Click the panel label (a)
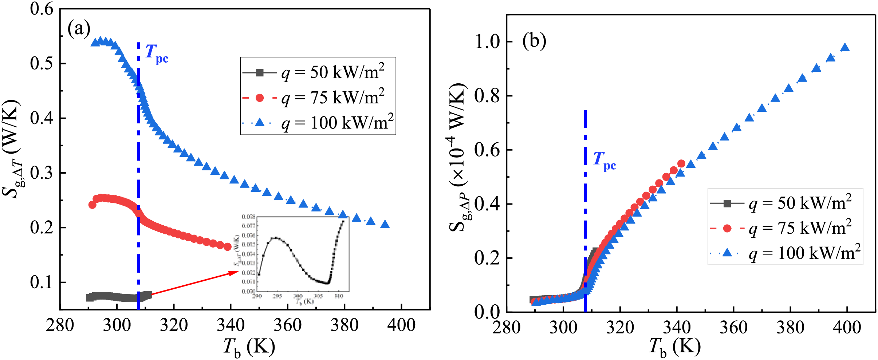click(79, 29)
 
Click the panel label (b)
click(534, 41)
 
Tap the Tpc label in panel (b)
click(604, 161)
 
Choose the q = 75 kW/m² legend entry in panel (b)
click(781, 228)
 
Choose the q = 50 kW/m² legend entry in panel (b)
click(781, 203)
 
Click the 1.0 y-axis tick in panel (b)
click(488, 42)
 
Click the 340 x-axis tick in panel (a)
click(231, 325)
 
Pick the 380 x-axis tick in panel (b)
click(790, 327)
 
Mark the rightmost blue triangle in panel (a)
click(385, 225)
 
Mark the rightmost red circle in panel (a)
click(228, 247)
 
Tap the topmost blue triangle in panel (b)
click(845, 48)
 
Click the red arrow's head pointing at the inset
click(237, 272)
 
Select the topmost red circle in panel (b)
click(681, 164)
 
